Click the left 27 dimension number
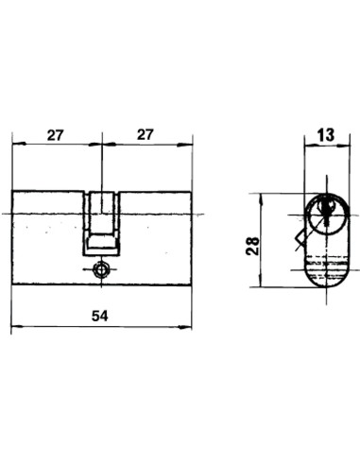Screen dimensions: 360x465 tap(56, 135)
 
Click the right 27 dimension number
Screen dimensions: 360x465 tap(146, 134)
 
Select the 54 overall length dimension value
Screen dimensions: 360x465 tap(100, 316)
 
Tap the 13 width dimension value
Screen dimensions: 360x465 tap(326, 135)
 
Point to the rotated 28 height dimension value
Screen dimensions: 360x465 tap(253, 246)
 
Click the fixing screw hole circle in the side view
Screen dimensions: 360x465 tap(101, 270)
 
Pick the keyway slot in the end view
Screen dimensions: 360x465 tap(327, 210)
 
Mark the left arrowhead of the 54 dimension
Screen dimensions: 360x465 tap(18, 327)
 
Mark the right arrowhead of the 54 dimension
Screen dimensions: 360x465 tap(185, 327)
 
